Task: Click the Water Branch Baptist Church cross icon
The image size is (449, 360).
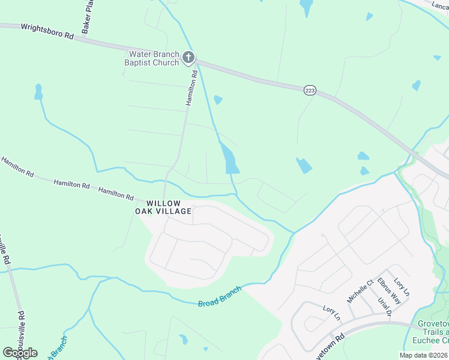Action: coord(188,58)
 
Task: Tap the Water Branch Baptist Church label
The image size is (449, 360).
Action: coord(151,58)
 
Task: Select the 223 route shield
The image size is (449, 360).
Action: coord(310,89)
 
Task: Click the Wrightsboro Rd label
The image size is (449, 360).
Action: coord(47,32)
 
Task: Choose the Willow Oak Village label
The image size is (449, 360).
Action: coord(163,207)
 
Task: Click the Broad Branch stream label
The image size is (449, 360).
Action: coord(220,297)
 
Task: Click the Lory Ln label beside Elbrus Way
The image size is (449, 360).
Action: coord(402,287)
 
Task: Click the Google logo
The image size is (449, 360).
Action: coord(20,353)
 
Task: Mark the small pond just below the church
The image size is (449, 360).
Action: coord(218,100)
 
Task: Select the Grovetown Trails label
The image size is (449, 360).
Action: coord(433,332)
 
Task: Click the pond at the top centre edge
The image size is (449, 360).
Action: coord(306,7)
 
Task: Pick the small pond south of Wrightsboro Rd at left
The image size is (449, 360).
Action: coord(38,92)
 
